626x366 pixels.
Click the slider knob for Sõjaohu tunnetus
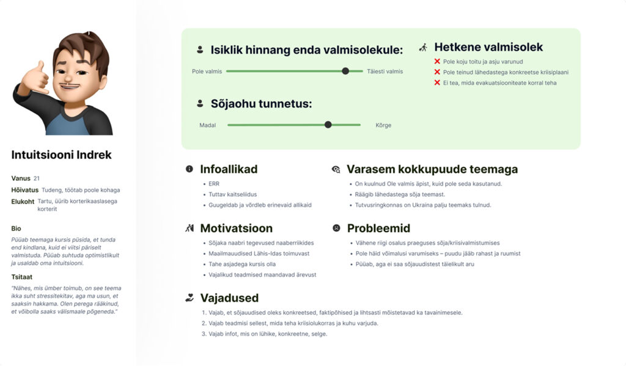click(x=328, y=125)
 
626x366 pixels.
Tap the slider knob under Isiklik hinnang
click(x=345, y=71)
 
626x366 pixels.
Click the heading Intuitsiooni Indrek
click(x=61, y=155)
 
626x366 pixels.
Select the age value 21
click(x=37, y=178)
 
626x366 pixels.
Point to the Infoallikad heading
click(x=229, y=169)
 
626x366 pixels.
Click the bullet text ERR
click(x=213, y=183)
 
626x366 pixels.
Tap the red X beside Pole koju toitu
click(x=437, y=61)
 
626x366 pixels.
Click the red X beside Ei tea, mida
click(x=437, y=82)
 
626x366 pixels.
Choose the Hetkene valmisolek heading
click(x=488, y=47)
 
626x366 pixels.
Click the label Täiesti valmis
click(x=385, y=71)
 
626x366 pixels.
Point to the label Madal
click(x=207, y=125)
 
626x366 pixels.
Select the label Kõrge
click(x=383, y=125)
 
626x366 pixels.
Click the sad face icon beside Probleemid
click(x=336, y=228)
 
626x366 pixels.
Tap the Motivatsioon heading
click(x=236, y=228)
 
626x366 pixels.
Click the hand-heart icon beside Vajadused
click(x=190, y=298)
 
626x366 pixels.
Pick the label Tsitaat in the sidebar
click(x=22, y=277)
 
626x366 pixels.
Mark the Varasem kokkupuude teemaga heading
click(x=432, y=169)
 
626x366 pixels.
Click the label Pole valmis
click(x=207, y=71)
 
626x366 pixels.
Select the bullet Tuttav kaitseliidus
click(x=234, y=194)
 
